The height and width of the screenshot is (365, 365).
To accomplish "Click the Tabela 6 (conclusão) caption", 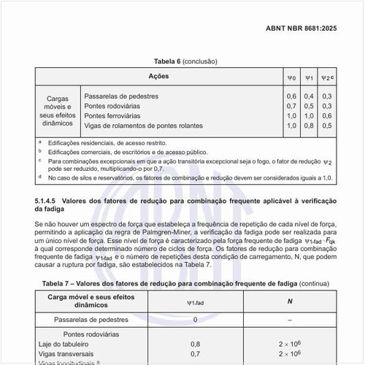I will click(185, 61).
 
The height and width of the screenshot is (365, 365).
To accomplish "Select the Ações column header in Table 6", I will click(159, 77).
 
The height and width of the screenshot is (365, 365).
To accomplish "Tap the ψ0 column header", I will click(291, 77).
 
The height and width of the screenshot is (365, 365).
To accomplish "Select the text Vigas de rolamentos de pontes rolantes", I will click(142, 126).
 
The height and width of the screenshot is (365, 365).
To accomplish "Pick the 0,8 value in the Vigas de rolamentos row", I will click(309, 126).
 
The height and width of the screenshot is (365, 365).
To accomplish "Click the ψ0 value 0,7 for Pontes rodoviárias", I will click(291, 106).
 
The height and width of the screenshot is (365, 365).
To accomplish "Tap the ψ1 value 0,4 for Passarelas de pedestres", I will click(309, 96).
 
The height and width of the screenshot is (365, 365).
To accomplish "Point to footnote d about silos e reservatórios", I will click(190, 177).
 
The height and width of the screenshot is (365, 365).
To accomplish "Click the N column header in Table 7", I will click(290, 301).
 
